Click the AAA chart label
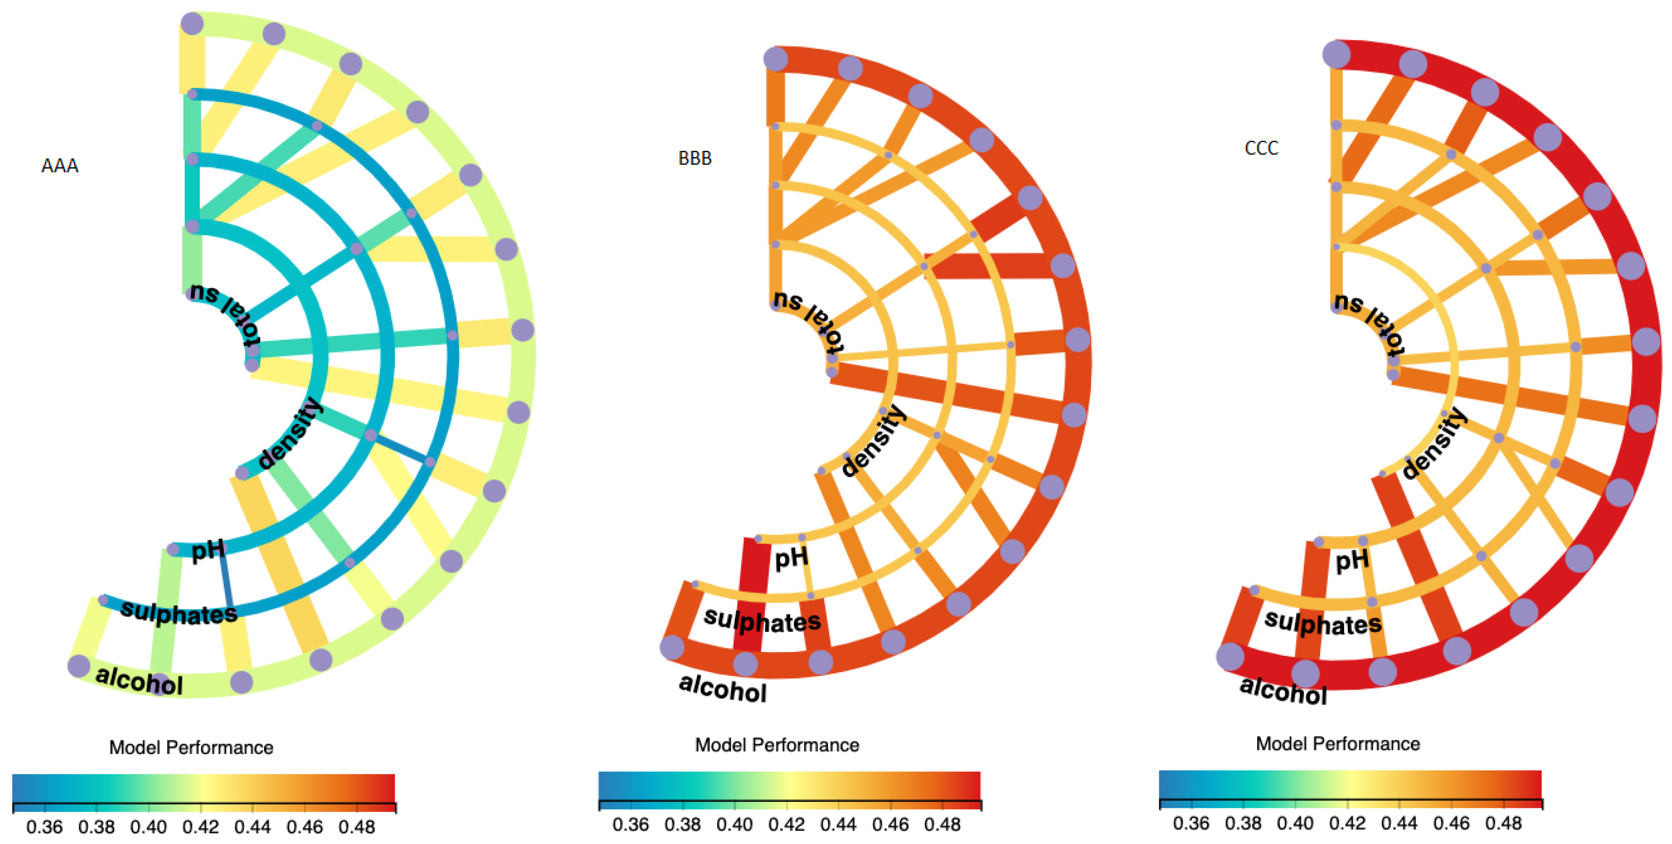60,166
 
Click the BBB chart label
695,158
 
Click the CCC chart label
1261,148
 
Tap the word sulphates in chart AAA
179,612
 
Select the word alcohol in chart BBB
722,688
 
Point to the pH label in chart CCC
1352,560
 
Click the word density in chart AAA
290,433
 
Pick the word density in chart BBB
874,441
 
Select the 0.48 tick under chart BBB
942,824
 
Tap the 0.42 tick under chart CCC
1347,823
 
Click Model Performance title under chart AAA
191,748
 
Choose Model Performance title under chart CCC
1338,743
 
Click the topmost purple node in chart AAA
192,24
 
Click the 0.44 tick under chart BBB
838,824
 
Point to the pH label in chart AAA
208,550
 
